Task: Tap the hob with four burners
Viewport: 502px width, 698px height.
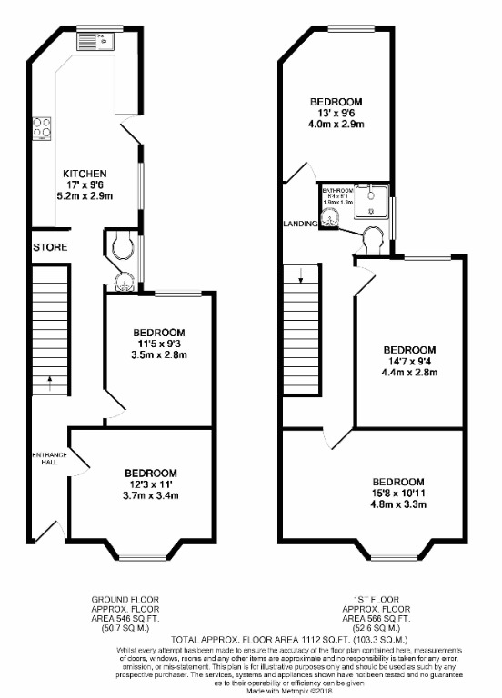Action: (x=42, y=129)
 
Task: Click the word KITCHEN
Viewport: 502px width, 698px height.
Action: (x=85, y=173)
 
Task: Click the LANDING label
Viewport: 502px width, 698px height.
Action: (x=299, y=223)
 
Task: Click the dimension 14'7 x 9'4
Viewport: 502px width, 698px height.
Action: (x=408, y=362)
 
